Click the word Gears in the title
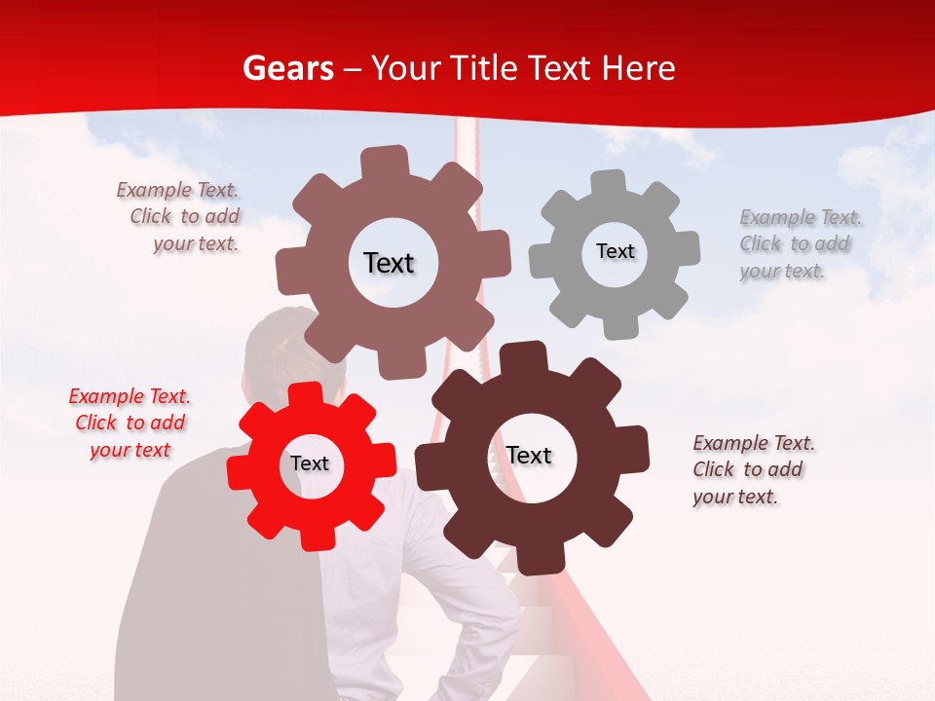pos(287,68)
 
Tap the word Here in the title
pos(639,68)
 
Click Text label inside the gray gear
pos(615,251)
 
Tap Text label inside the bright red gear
pos(310,464)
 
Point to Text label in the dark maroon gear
pos(529,456)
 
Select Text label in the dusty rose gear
pos(389,263)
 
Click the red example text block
pos(130,424)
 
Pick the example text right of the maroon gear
pos(753,469)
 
